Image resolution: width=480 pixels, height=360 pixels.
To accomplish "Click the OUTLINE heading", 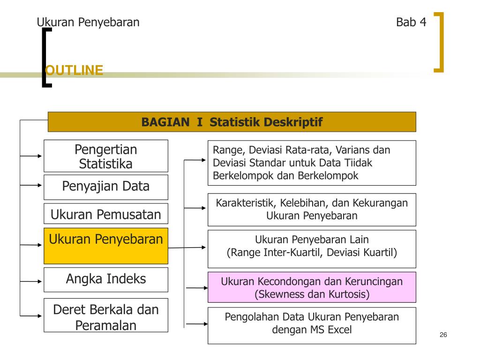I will pos(74,70).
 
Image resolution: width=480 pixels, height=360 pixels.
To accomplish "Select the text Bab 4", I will pos(411,22).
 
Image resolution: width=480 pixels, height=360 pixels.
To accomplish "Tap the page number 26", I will pos(443,335).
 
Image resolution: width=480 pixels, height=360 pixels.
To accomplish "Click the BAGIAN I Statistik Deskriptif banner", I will pos(232,122).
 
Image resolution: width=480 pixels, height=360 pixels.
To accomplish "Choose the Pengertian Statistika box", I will pos(106,156).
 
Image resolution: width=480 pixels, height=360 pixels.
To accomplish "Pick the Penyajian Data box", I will pos(106,187).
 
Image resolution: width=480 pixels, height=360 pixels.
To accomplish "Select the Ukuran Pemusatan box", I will pos(106,215).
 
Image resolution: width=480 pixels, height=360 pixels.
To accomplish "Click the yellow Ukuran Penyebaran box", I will pos(106,246).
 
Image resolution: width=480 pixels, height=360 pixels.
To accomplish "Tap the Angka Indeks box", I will pos(106,279).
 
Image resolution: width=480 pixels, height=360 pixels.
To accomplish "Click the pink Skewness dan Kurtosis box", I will pos(312,287).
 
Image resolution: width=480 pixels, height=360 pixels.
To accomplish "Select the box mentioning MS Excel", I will pos(312,325).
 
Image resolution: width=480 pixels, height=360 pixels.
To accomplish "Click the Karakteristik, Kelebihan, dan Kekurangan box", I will pos(312,209).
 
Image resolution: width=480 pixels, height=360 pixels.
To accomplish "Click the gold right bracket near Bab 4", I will pos(440,42).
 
